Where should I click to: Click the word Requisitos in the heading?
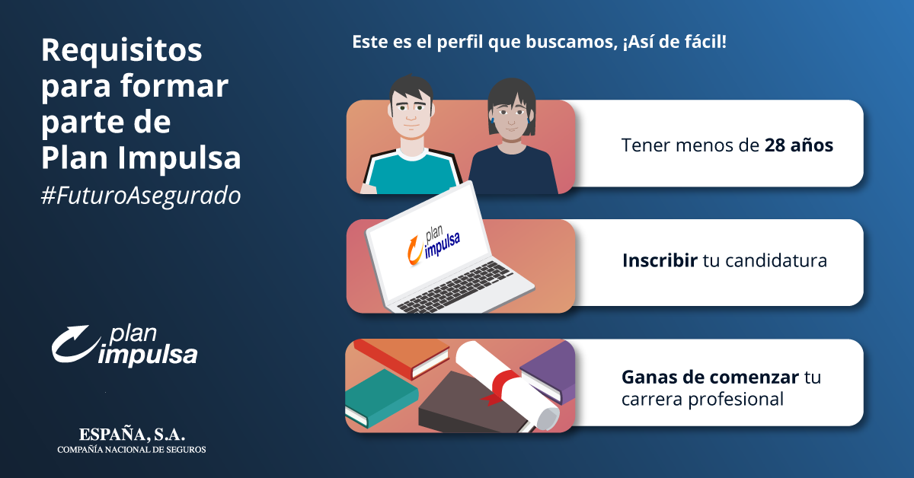click(122, 52)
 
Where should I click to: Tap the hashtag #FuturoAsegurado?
click(141, 196)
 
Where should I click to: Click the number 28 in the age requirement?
click(775, 145)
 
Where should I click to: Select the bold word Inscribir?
click(660, 260)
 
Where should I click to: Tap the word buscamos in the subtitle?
click(571, 42)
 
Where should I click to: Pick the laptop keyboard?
click(454, 287)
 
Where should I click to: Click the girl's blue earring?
click(493, 121)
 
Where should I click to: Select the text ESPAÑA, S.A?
click(132, 435)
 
